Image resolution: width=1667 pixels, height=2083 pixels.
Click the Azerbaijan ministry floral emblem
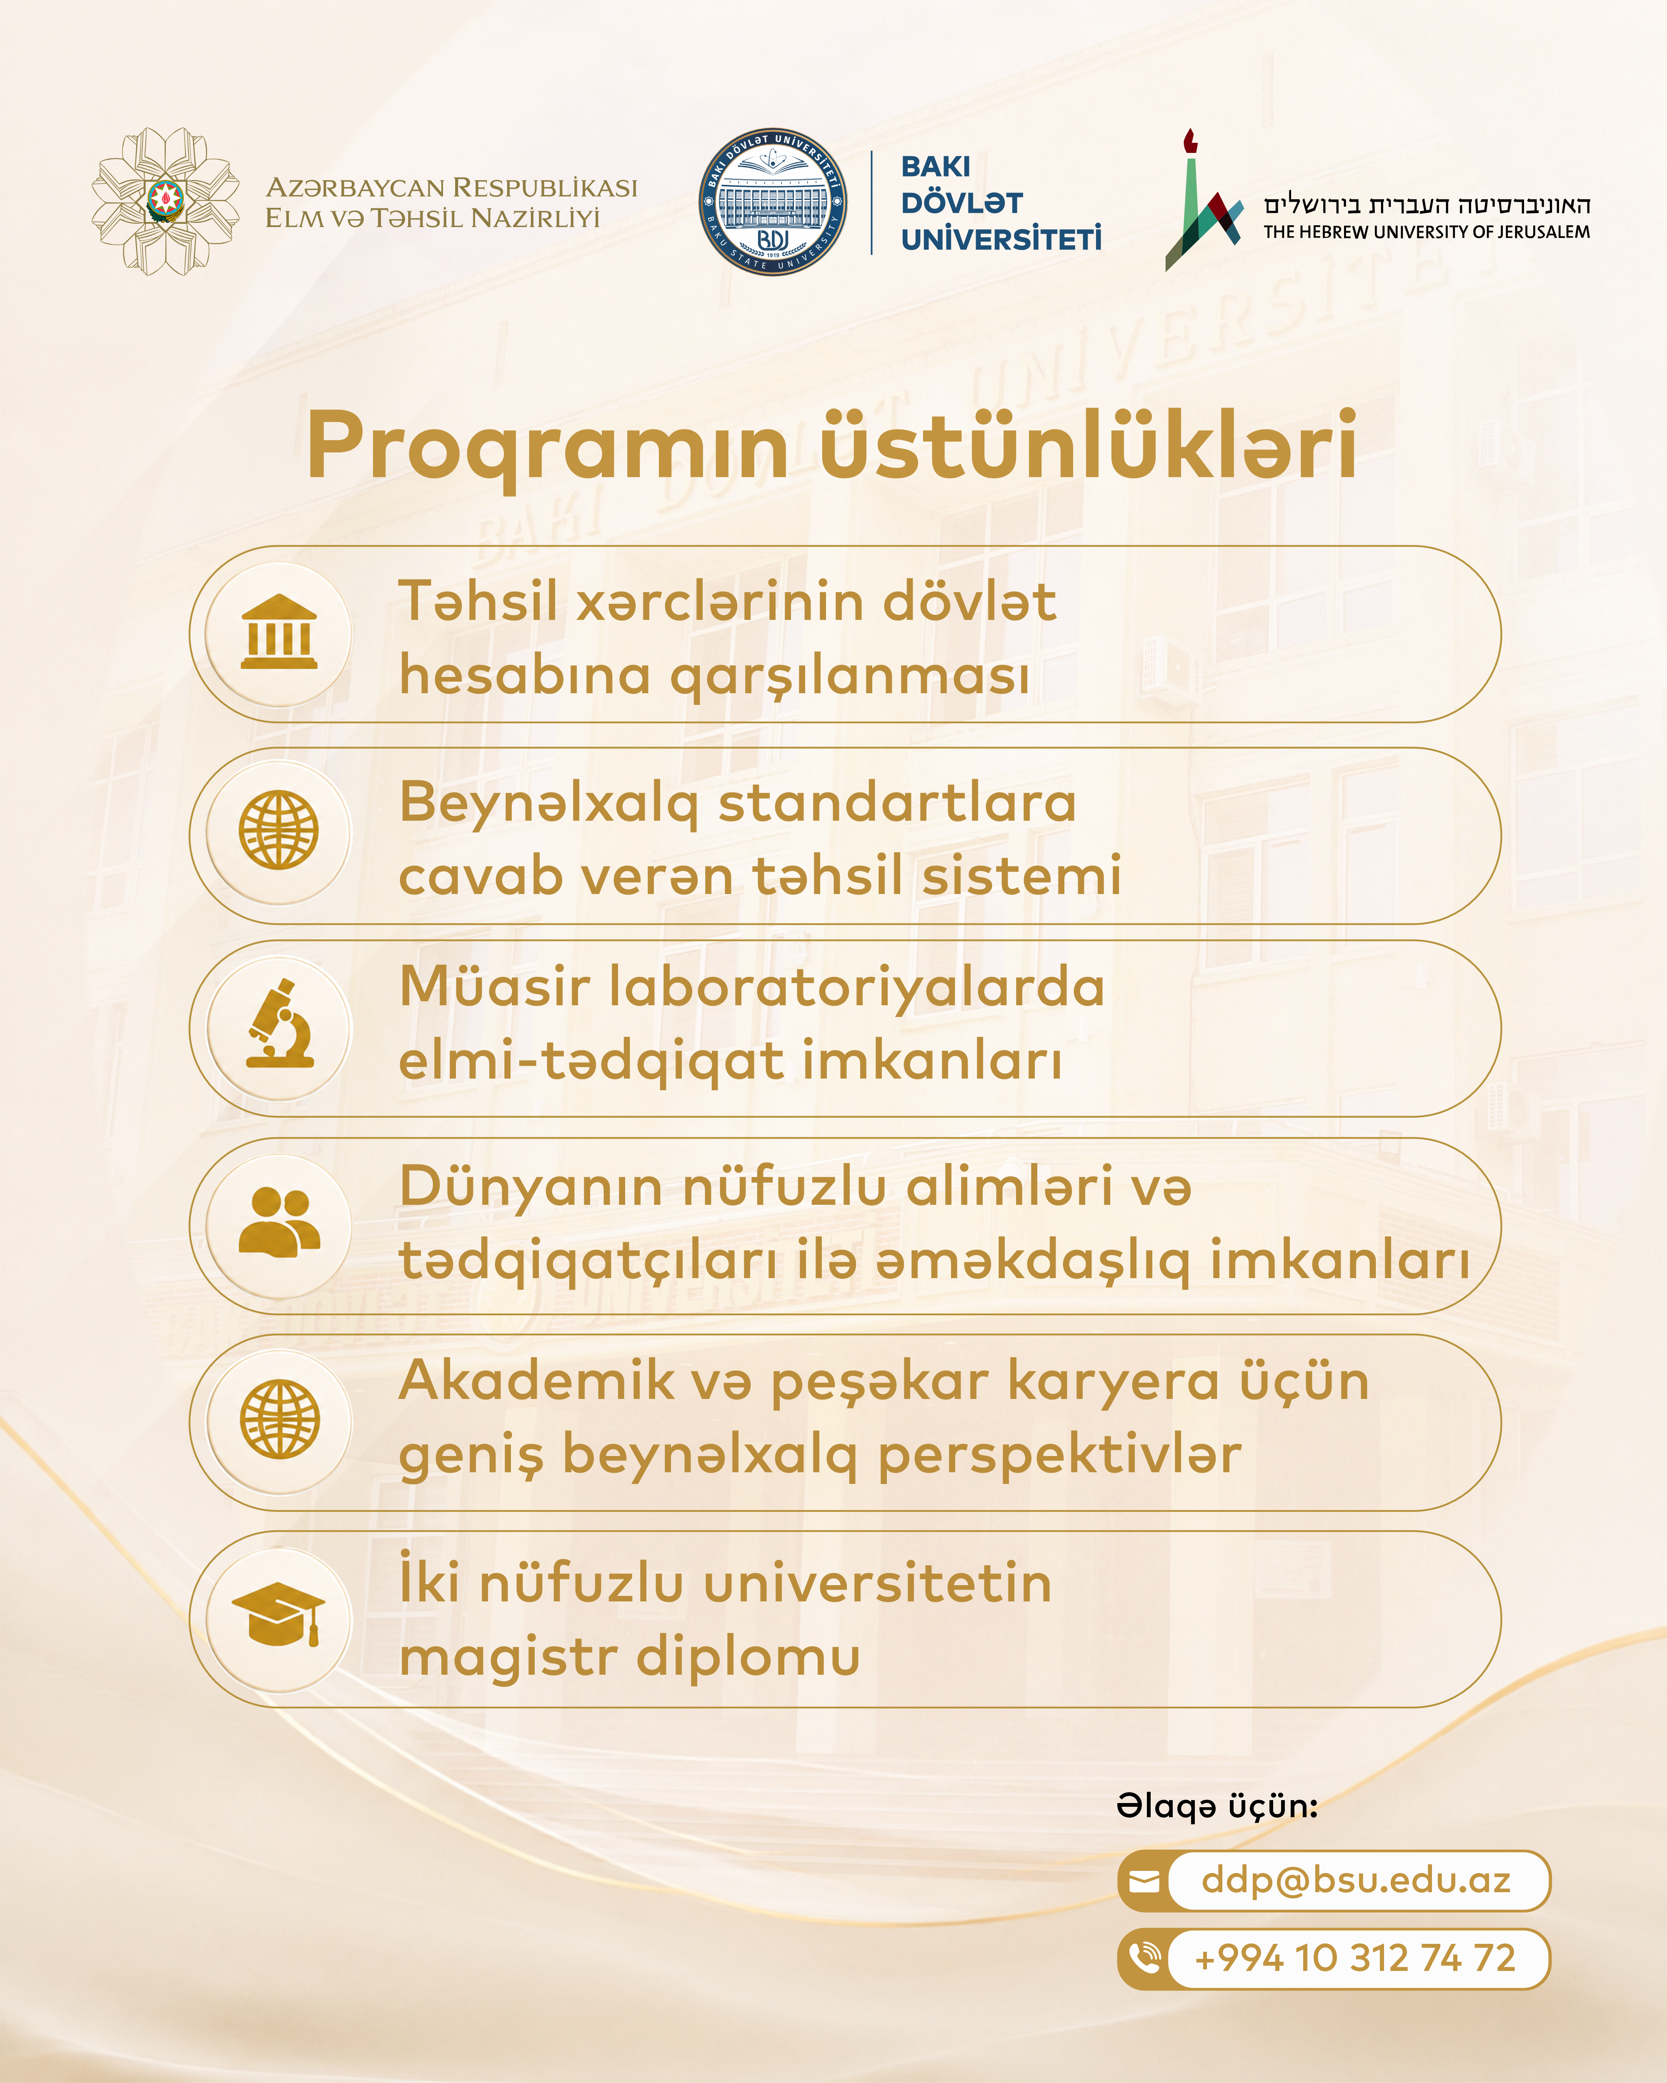(x=165, y=201)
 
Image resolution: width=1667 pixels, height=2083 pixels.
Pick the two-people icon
(x=279, y=1222)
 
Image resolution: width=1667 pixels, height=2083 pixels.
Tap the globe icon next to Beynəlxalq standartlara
(x=279, y=830)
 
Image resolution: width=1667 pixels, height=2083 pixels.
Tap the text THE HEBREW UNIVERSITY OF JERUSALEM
(x=1427, y=232)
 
